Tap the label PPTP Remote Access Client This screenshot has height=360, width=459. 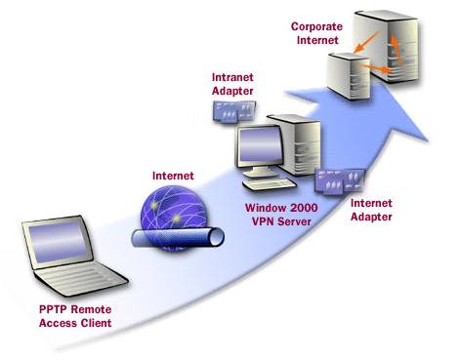click(x=68, y=319)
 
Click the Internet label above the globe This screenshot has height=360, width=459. click(x=174, y=176)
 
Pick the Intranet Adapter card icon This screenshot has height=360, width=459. click(x=232, y=114)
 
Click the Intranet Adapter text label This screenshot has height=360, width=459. click(x=235, y=84)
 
